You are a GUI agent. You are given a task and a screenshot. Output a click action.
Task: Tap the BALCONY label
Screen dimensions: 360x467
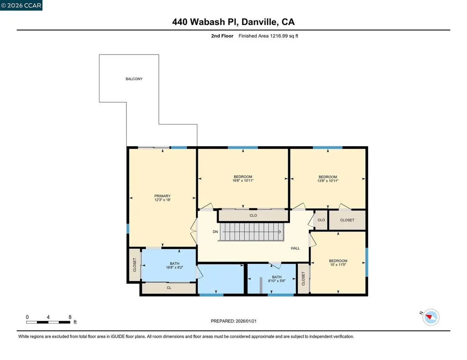134,79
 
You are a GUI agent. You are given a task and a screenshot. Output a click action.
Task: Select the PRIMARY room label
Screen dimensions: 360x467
162,196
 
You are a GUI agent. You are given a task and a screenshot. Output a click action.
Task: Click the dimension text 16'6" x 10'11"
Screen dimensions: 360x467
243,181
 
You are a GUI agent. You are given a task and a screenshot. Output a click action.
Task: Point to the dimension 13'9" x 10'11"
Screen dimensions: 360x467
327,181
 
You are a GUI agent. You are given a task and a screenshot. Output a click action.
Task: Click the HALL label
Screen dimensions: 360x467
296,248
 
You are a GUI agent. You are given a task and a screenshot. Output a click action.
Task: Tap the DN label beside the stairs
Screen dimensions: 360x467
215,232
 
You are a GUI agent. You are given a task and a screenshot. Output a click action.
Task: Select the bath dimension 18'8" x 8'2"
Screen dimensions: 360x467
174,267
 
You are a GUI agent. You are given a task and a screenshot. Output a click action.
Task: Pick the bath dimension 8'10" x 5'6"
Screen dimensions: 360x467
277,281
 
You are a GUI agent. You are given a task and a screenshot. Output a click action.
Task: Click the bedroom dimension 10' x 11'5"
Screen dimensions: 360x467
338,265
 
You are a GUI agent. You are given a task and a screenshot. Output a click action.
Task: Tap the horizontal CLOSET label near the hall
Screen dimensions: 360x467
347,220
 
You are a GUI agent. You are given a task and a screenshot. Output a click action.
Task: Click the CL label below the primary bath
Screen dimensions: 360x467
169,288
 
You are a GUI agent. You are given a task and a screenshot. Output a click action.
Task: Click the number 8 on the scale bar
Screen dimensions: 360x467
70,317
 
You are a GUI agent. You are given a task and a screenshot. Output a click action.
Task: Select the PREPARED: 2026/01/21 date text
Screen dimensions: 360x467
236,321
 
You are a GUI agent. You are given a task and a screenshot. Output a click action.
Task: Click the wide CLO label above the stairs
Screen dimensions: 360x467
253,216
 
